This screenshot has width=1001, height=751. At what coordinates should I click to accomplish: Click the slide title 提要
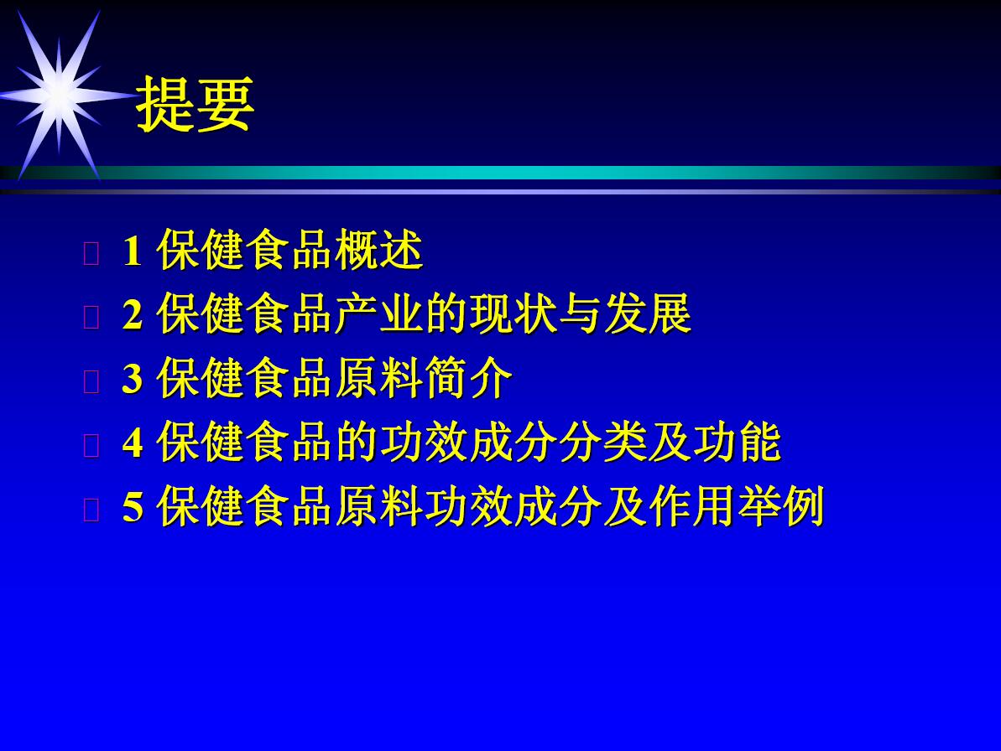coord(196,105)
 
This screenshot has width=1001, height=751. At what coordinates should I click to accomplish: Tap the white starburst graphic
coord(60,95)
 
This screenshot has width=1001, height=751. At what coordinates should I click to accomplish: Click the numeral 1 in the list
coord(132,251)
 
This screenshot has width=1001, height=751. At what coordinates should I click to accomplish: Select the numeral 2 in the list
coord(132,314)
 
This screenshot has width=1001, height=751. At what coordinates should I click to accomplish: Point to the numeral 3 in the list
coord(132,379)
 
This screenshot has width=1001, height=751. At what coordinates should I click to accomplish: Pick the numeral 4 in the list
coord(132,443)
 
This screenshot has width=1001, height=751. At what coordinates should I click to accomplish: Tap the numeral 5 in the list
coord(132,507)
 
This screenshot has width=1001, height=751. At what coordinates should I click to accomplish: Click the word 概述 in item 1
coord(379,250)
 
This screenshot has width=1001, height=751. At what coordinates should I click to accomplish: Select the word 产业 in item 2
coord(379,313)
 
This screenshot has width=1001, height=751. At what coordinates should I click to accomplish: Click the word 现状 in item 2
coord(514,313)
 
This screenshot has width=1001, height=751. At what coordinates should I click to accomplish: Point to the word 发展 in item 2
coord(648,313)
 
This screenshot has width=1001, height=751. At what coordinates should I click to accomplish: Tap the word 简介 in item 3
coord(469,378)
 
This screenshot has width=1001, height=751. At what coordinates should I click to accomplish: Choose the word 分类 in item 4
coord(603,442)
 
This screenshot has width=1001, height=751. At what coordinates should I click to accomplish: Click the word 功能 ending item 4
coord(738,442)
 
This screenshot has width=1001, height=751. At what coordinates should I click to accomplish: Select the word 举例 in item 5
coord(782,506)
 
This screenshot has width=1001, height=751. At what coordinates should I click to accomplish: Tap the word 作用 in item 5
coord(693,506)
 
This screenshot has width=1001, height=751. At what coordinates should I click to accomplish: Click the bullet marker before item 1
coord(91,253)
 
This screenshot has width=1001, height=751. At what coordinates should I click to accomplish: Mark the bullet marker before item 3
coord(91,381)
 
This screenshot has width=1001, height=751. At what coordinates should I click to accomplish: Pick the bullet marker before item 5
coord(91,510)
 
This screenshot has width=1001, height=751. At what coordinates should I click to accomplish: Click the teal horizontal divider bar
coord(500,172)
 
